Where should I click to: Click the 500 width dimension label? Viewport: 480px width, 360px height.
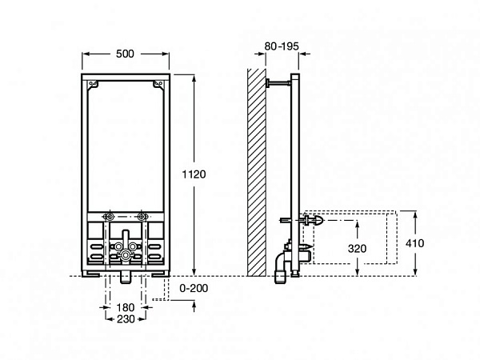124,52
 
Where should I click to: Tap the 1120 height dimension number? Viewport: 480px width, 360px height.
196,175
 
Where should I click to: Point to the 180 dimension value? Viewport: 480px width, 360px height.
124,308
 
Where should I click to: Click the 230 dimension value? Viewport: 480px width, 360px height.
124,319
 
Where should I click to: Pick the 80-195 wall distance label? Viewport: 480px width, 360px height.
281,47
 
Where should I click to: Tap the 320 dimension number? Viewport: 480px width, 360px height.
358,248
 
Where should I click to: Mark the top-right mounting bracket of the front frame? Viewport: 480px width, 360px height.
154,82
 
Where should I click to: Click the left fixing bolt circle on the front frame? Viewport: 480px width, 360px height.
109,217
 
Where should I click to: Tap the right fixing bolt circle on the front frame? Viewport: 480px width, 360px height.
142,217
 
